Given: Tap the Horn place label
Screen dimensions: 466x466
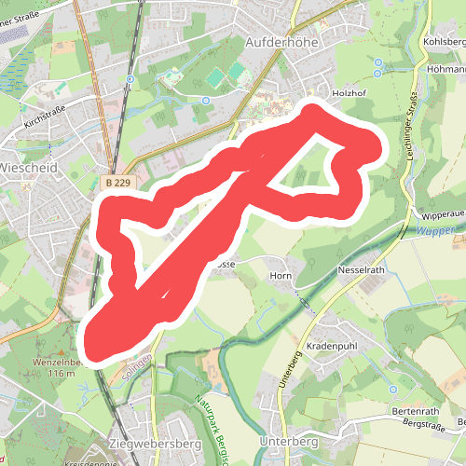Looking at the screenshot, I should click(x=281, y=276).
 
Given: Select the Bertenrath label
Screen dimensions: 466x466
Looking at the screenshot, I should click(x=415, y=412).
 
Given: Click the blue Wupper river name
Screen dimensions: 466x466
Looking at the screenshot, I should click(x=434, y=231).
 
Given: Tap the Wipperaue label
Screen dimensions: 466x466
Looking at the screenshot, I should click(x=443, y=214).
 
